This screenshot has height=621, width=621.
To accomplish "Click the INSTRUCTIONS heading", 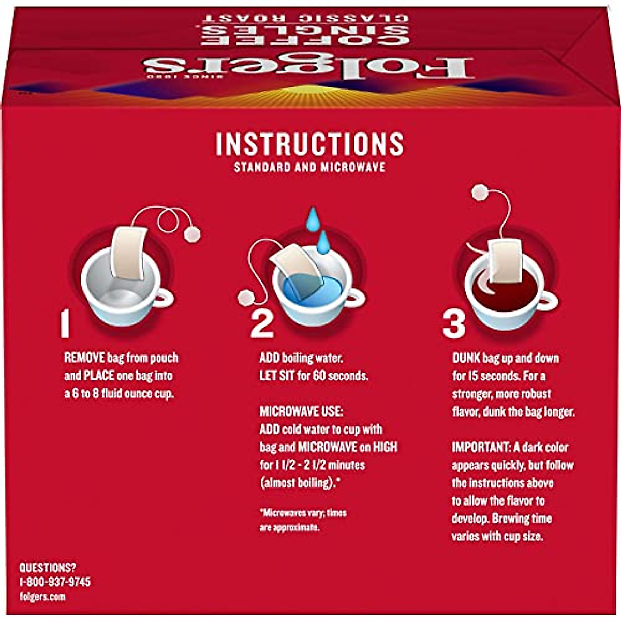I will coord(309,144).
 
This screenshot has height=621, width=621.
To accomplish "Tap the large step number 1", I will coord(65,324).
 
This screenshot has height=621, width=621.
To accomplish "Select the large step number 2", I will coord(261,324).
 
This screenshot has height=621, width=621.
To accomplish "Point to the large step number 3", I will coord(454,324).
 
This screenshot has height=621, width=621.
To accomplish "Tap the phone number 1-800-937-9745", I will coord(55,582).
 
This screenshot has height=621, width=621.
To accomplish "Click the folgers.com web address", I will coord(42,597).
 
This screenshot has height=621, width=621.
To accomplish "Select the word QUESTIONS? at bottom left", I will coord(48,567).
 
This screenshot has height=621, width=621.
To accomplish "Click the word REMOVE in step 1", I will coord(84,358).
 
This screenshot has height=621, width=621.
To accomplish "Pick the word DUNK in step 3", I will coord(466,358).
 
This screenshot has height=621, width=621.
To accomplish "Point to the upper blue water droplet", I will coord(313,218).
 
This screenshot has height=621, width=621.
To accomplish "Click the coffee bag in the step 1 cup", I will coord(128,253).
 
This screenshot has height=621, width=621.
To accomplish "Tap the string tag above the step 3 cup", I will coord(481,192).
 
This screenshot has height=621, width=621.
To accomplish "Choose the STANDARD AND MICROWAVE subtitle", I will coord(309,168).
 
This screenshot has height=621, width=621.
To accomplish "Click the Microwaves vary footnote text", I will coord(303,520).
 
